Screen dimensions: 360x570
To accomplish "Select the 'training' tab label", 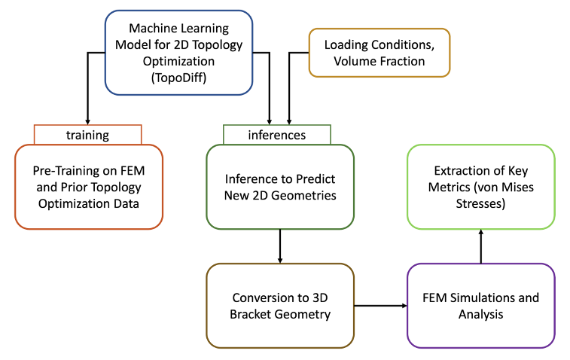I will pyautogui.click(x=87, y=135).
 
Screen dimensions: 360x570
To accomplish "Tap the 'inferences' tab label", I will pyautogui.click(x=276, y=135).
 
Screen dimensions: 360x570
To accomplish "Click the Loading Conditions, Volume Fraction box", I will pyautogui.click(x=379, y=53).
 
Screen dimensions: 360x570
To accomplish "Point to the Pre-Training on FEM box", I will pyautogui.click(x=88, y=187).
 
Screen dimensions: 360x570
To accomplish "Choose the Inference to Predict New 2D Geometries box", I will pyautogui.click(x=280, y=187).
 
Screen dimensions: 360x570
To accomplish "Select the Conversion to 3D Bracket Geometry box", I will pyautogui.click(x=280, y=305).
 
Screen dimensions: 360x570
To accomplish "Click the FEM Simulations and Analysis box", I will pyautogui.click(x=481, y=305).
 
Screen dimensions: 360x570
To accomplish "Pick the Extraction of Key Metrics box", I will pyautogui.click(x=481, y=187).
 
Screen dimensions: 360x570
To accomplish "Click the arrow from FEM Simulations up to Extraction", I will pyautogui.click(x=481, y=246).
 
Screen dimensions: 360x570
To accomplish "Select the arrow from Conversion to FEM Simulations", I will pyautogui.click(x=380, y=305).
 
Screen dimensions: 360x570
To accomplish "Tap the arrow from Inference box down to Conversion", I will pyautogui.click(x=280, y=246).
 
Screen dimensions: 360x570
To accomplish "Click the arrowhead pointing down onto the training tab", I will pyautogui.click(x=88, y=121).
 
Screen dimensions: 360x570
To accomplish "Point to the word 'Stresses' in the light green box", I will pyautogui.click(x=481, y=203).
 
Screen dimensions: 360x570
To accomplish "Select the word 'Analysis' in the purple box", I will pyautogui.click(x=481, y=314).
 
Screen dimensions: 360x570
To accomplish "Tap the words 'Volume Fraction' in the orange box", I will pyautogui.click(x=379, y=61).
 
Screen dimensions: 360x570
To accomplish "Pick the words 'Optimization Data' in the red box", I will pyautogui.click(x=88, y=203).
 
